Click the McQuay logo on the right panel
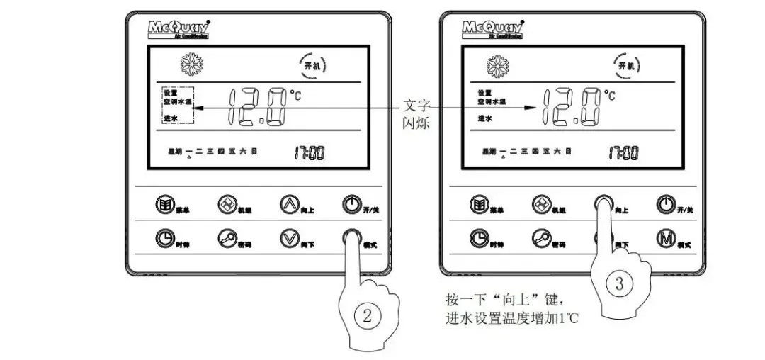click(491, 29)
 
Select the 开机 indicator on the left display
click(311, 66)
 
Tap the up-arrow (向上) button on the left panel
click(289, 205)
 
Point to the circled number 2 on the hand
click(367, 317)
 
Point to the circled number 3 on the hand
click(619, 284)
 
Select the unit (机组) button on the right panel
click(543, 205)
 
